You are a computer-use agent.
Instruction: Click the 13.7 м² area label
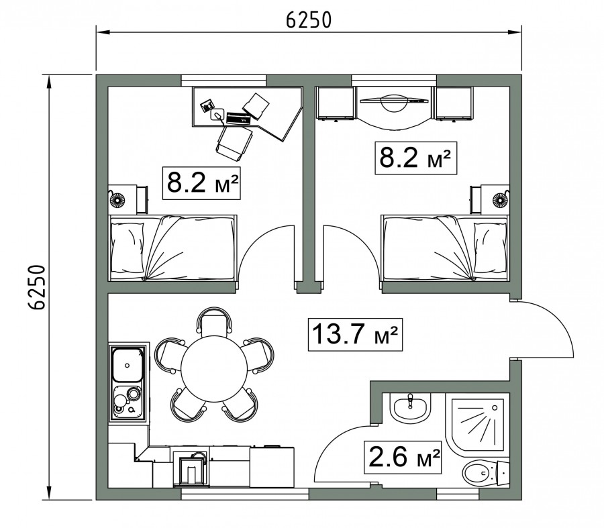(x=355, y=334)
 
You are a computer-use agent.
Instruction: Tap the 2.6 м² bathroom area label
(x=403, y=457)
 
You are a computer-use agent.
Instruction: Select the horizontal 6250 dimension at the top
(x=309, y=20)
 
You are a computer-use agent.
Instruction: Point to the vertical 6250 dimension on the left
(x=38, y=287)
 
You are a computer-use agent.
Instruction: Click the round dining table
(x=214, y=369)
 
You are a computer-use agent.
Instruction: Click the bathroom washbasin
(x=410, y=408)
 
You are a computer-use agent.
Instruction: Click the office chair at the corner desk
(x=234, y=142)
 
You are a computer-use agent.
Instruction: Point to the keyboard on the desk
(x=239, y=118)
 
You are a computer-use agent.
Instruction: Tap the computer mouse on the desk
(x=217, y=114)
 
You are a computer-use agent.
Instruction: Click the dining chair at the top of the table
(x=214, y=321)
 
